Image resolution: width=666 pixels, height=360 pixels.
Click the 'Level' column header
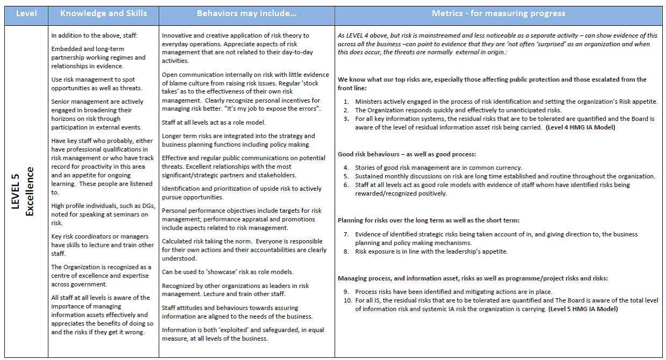click(x=26, y=13)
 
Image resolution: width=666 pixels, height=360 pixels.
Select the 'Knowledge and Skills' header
click(x=103, y=13)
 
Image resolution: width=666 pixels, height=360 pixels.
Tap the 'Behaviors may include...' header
click(x=247, y=13)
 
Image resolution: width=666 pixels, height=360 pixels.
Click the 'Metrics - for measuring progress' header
click(x=498, y=13)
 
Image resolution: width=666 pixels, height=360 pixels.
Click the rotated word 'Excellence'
click(x=30, y=191)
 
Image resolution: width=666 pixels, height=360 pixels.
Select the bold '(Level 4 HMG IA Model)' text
click(x=580, y=127)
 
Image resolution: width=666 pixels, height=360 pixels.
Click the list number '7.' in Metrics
click(x=346, y=234)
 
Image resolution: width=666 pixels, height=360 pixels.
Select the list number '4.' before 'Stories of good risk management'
click(x=346, y=168)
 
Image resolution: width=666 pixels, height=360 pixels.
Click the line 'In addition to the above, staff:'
click(x=87, y=36)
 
